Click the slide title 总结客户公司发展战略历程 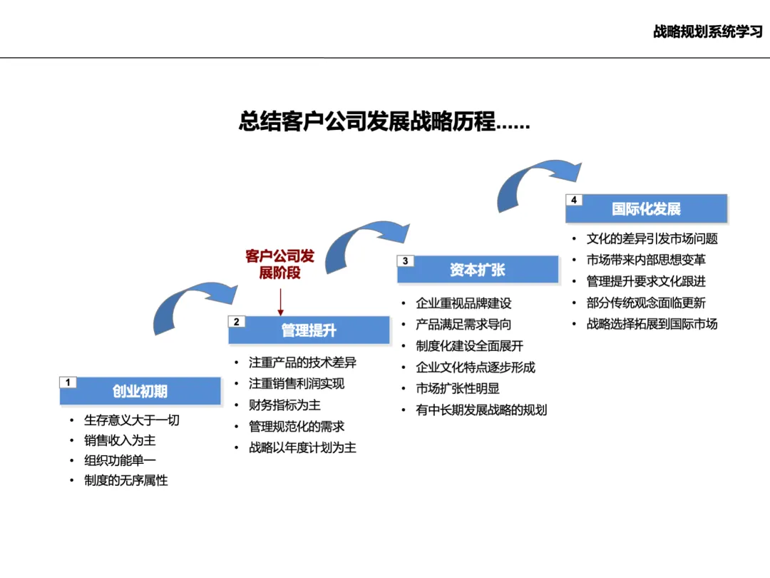tap(384, 122)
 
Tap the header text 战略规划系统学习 tap(707, 32)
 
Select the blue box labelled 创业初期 tap(140, 391)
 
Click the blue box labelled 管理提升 tap(309, 330)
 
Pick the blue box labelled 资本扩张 tap(478, 270)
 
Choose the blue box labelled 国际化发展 tap(646, 209)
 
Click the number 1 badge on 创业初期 tap(68, 382)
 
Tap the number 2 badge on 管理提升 tap(236, 322)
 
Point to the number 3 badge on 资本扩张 tap(405, 261)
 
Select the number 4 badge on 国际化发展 tap(573, 201)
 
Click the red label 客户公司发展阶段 tap(279, 264)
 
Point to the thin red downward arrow tap(280, 300)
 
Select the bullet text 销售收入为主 tap(120, 440)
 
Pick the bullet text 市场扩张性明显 tap(458, 389)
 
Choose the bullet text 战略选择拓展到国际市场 tap(652, 324)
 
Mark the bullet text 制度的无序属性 tap(125, 481)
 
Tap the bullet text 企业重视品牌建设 tap(463, 303)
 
